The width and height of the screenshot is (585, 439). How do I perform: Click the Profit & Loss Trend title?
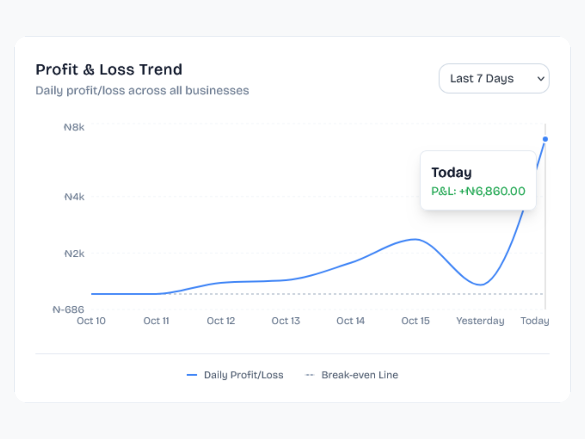point(109,70)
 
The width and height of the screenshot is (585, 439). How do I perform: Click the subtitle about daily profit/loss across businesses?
point(142,91)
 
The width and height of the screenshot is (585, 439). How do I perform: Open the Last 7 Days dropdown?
point(494,79)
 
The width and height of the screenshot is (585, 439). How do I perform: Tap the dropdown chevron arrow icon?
point(541,79)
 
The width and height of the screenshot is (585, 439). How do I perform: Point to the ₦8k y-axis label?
point(74,127)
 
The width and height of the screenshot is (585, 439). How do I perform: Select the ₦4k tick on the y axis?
point(74,197)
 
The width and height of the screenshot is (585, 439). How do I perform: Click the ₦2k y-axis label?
point(74,254)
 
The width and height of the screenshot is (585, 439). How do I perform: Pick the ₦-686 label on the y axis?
point(68,309)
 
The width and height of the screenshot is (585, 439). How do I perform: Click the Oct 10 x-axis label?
point(91,321)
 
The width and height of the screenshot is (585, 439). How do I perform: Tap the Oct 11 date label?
point(156,321)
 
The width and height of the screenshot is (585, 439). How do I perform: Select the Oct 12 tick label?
point(221,321)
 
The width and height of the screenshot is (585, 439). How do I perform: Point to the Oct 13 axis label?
point(286,321)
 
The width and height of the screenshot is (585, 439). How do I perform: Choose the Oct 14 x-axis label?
point(350,321)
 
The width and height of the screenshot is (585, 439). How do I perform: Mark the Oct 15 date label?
point(415,321)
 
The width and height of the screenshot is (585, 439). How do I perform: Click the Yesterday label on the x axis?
point(480,321)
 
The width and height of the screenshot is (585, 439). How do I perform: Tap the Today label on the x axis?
point(535,321)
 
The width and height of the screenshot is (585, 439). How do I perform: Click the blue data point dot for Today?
point(545,139)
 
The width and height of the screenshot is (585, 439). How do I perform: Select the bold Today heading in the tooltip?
point(452,173)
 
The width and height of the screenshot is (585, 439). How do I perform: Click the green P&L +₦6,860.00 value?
point(478,191)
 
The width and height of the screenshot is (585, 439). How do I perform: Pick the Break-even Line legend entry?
point(360,375)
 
